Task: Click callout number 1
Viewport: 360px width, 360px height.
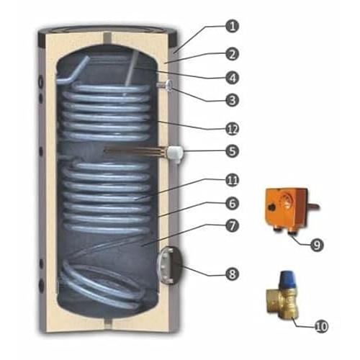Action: coord(232,27)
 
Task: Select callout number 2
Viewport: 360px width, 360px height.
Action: coord(232,54)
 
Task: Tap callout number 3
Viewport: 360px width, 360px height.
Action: coord(232,100)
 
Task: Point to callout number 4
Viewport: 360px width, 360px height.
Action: coord(232,78)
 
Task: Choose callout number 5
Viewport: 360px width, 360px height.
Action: coord(232,150)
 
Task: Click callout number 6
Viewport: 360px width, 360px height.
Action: coord(232,203)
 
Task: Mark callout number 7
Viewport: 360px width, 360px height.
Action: coord(232,226)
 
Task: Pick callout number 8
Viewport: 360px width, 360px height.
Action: coord(232,274)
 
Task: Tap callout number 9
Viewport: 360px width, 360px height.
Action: coord(317,245)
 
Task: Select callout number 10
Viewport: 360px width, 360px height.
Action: coord(321,326)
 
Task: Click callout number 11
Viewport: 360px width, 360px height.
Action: coord(232,180)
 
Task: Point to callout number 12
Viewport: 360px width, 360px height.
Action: coord(232,129)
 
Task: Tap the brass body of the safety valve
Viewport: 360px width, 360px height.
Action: coord(282,302)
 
